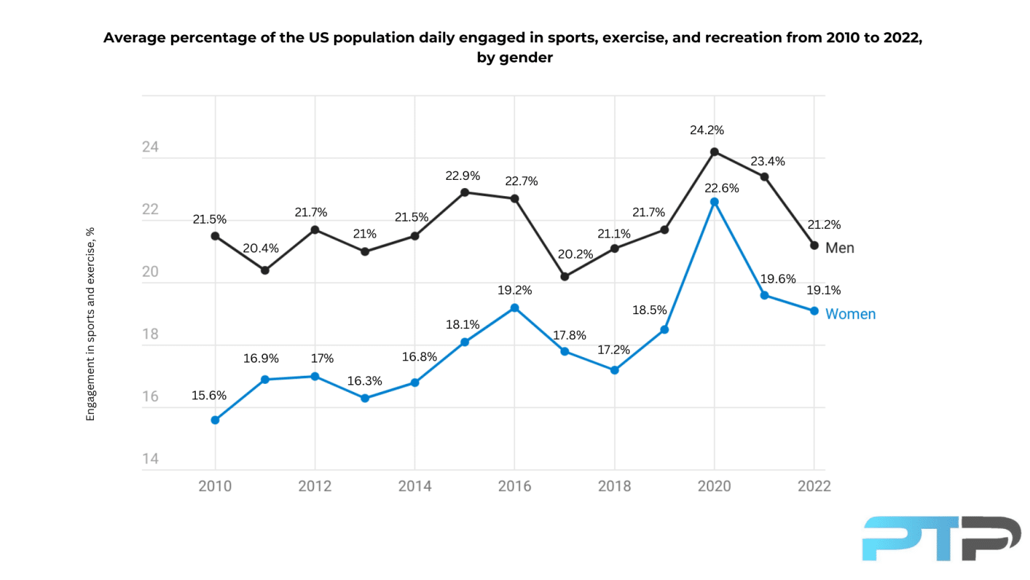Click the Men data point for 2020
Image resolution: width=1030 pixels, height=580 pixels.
714,152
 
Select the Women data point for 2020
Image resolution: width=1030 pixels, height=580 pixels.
714,202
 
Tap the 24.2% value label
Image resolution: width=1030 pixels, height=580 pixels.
707,130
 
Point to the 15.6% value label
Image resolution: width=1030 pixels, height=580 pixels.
209,395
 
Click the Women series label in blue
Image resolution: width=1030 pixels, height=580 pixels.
850,314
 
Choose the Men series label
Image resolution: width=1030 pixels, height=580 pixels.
840,248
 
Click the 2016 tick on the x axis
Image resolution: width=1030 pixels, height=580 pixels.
514,486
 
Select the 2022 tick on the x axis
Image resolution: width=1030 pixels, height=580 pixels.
814,486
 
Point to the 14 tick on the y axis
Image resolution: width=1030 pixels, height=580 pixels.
150,459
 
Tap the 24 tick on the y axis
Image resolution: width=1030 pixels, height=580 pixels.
150,147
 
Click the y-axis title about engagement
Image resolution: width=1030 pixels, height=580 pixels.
91,324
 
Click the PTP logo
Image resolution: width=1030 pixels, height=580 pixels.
941,538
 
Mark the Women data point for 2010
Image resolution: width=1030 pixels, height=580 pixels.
215,420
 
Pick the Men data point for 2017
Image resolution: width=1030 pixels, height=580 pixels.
565,277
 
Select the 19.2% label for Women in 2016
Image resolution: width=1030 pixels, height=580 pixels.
514,290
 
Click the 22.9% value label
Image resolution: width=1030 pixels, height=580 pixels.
463,176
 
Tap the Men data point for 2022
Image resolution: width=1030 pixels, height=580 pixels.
814,246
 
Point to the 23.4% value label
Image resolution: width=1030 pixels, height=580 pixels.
767,161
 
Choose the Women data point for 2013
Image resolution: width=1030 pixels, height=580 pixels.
365,398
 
